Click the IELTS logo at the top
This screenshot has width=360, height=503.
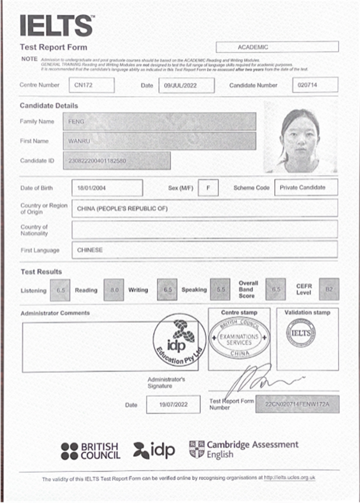coord(57,25)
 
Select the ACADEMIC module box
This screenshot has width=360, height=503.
coord(277,47)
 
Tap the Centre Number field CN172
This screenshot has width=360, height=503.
coord(91,85)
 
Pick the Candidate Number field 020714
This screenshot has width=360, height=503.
coord(315,85)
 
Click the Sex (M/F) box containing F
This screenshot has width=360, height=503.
coord(208,188)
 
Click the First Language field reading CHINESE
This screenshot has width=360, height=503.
coord(204,250)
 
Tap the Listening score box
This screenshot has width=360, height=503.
coord(60,290)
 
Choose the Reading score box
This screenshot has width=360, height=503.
coord(114,290)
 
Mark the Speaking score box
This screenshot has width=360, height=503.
coord(220,290)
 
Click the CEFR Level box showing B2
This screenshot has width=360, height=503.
coord(329,289)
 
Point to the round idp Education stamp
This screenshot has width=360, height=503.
coord(179,341)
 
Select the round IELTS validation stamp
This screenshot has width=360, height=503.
coord(301,333)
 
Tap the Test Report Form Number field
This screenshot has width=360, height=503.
coord(297,404)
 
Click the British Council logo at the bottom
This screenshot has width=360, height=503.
coord(90,451)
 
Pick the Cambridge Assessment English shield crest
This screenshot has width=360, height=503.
coord(197,449)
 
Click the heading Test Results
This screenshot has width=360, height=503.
coord(41,272)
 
